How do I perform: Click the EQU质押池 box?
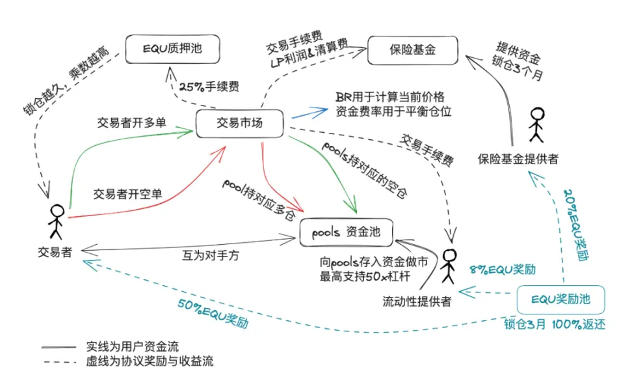pos(173,49)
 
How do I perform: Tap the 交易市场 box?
pos(240,122)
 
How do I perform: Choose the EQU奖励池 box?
pos(561,300)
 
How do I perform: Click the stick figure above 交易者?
pos(57,221)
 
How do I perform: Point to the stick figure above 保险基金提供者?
pos(536,124)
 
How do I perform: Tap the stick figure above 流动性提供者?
pos(447,265)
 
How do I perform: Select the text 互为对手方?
pos(210,255)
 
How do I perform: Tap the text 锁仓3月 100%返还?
pos(555,324)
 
